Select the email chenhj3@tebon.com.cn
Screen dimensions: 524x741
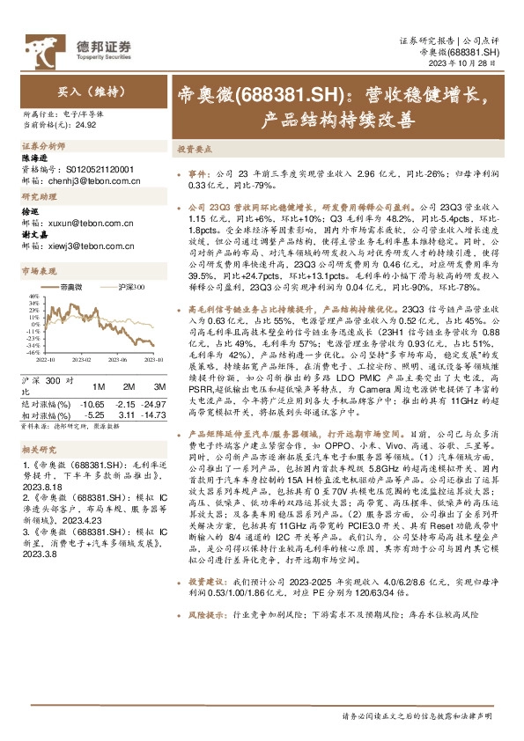click(x=92, y=175)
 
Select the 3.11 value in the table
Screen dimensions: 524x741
click(x=126, y=414)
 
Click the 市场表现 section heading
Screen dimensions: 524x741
click(x=39, y=272)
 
